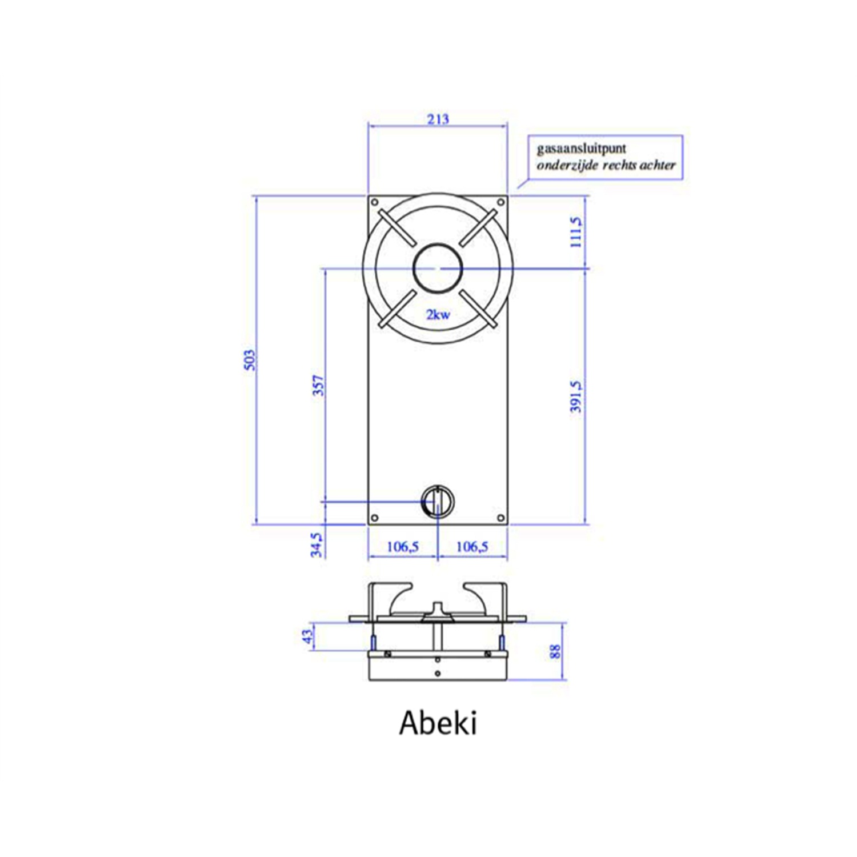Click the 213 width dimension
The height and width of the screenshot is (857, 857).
click(438, 119)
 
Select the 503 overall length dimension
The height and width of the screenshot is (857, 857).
click(250, 360)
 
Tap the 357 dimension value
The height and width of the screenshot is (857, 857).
click(318, 386)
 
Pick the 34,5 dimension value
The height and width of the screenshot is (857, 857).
click(316, 544)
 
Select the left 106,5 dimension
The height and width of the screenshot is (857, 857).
click(403, 547)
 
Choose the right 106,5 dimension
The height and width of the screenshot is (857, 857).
click(472, 547)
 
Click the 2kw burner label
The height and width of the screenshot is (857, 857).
click(438, 314)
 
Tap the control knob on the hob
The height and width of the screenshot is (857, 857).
click(438, 502)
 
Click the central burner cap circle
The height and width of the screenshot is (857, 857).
click(438, 268)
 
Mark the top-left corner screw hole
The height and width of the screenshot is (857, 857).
click(375, 202)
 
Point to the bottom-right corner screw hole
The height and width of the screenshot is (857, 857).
click(500, 518)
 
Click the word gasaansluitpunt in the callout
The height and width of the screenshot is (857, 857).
click(581, 149)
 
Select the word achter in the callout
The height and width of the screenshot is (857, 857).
click(657, 165)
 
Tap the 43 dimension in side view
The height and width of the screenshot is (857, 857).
click(308, 636)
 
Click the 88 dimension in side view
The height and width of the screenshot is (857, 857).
click(555, 651)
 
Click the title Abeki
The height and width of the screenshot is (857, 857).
click(438, 723)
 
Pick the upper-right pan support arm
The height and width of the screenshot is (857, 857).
click(478, 227)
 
